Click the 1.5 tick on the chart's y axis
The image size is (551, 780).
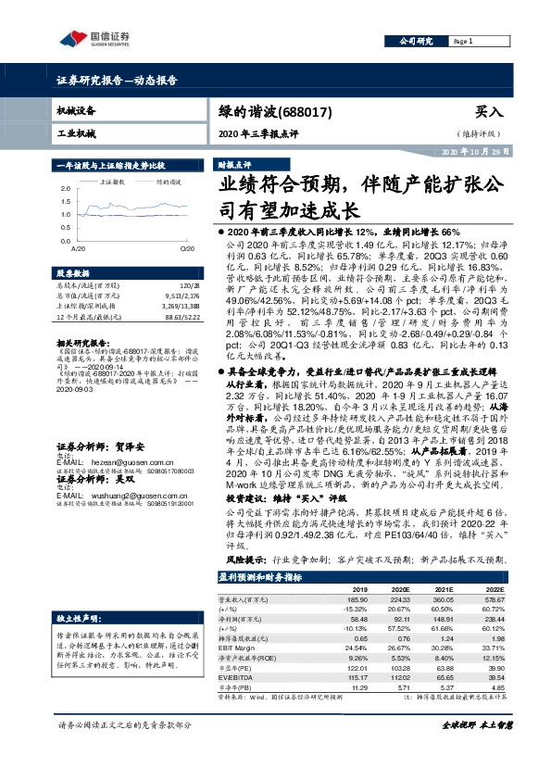click(66, 201)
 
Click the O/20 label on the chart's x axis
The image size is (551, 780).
click(185, 249)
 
